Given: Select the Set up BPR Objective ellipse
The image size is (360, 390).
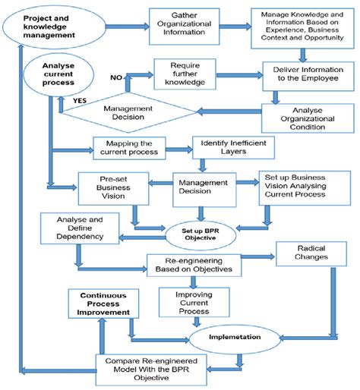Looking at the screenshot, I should [x=200, y=233].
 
